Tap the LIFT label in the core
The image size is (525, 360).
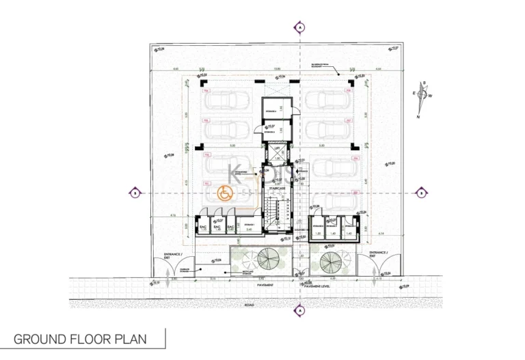pos(277,148)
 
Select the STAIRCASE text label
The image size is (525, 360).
pos(277,186)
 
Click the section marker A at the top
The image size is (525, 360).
pos(300,27)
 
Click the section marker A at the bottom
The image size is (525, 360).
pos(300,311)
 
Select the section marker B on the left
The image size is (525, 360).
pos(135,193)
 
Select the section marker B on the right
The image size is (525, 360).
pos(422,193)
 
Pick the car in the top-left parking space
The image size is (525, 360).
pos(226,100)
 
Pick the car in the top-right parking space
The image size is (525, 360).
pos(326,100)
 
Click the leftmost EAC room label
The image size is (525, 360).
pos(203,225)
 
